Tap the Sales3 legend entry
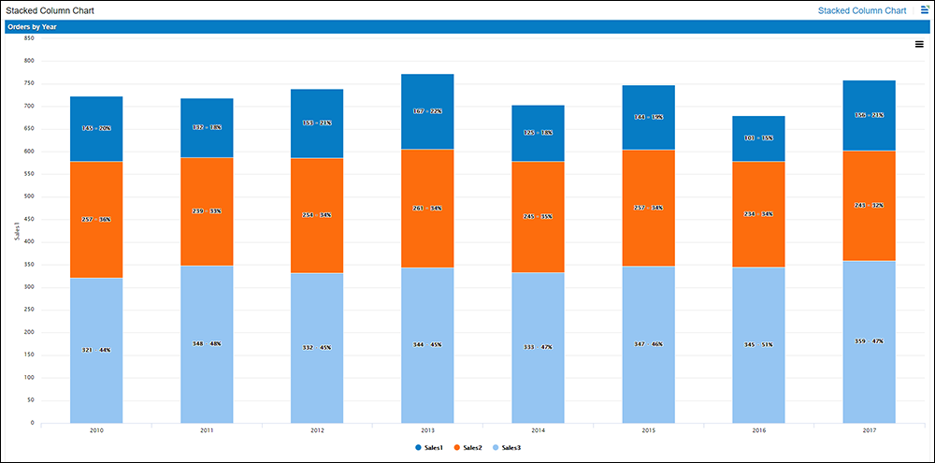(511, 449)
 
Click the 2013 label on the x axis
(427, 431)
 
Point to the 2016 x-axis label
(758, 431)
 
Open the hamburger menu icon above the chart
(919, 44)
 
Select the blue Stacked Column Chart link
(861, 10)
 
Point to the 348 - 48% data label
(207, 344)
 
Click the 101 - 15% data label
(758, 137)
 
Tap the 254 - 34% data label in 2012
(317, 215)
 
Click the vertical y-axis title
(17, 232)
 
